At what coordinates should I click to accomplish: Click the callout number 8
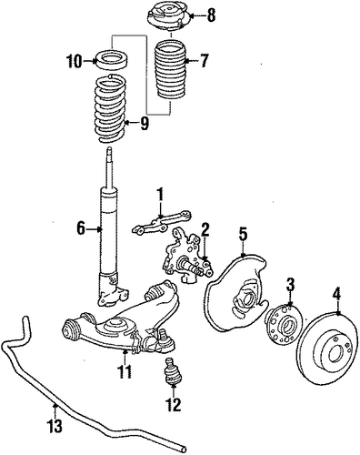[x=211, y=15]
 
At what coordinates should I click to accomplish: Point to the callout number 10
[x=75, y=62]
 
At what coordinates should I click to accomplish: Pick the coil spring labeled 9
[x=110, y=108]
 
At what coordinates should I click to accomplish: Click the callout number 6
[x=81, y=228]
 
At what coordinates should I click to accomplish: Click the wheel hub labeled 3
[x=283, y=325]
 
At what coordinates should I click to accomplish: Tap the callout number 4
[x=337, y=294]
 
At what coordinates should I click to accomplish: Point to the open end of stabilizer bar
[x=183, y=449]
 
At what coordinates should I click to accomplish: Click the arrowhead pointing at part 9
[x=127, y=123]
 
